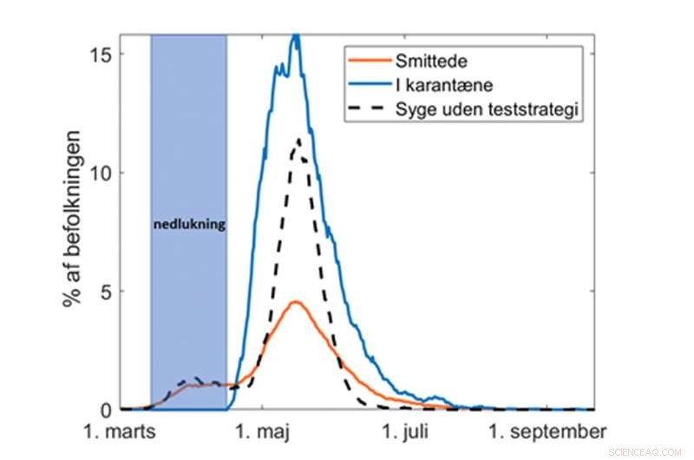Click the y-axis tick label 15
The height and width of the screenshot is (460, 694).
(x=101, y=54)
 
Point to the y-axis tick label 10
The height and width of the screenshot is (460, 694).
(x=101, y=172)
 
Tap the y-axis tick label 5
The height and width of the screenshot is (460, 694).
(x=107, y=291)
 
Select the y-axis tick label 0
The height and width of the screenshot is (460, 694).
(x=107, y=409)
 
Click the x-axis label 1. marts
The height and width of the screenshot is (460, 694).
(x=121, y=431)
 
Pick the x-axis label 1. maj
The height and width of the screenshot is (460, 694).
(x=265, y=431)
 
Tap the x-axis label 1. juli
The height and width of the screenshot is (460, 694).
(x=409, y=431)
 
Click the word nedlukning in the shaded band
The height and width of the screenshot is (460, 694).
(x=189, y=224)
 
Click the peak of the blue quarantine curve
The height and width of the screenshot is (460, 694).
(x=296, y=36)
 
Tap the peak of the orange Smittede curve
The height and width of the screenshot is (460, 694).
(x=295, y=302)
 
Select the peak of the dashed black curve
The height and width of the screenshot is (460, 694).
(x=298, y=139)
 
